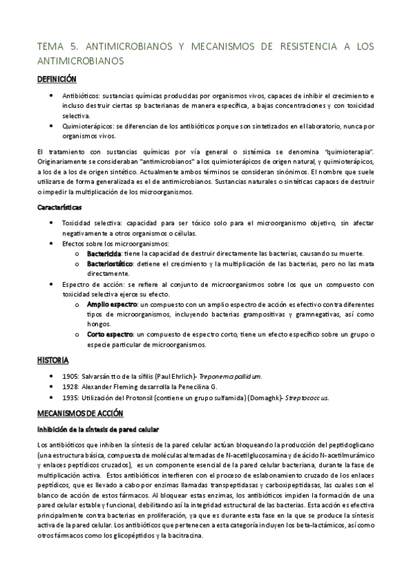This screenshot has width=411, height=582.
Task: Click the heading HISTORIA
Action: pos(53,360)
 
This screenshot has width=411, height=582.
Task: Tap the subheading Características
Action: pos(59,207)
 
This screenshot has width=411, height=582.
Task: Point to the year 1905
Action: pos(70,377)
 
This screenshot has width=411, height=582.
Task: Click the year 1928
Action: pos(70,386)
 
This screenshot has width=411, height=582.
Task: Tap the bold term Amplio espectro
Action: pos(112,303)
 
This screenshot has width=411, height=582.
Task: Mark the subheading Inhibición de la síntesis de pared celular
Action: pos(97,429)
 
